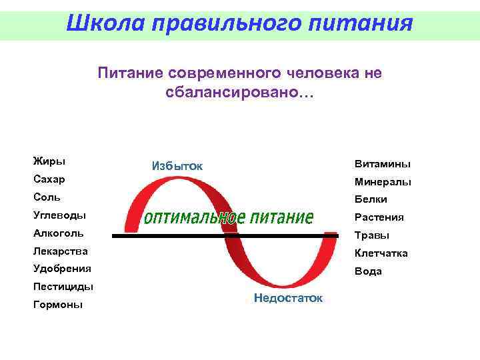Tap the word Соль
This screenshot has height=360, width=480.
tap(47, 197)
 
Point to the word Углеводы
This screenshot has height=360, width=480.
tap(59, 215)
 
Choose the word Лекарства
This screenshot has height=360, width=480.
tap(60, 251)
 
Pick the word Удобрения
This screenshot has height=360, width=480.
tap(62, 269)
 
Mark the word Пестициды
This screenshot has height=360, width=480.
tap(63, 287)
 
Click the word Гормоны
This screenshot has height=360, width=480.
tap(58, 305)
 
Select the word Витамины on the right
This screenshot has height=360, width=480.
tap(383, 164)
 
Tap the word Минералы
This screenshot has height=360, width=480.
tap(383, 181)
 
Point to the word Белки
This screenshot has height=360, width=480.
tap(371, 199)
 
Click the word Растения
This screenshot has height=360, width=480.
tap(379, 217)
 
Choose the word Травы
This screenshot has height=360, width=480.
tap(372, 235)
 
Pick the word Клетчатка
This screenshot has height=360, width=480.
tap(381, 253)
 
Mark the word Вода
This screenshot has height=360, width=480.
tap(368, 271)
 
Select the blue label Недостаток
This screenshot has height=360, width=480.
tap(288, 298)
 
